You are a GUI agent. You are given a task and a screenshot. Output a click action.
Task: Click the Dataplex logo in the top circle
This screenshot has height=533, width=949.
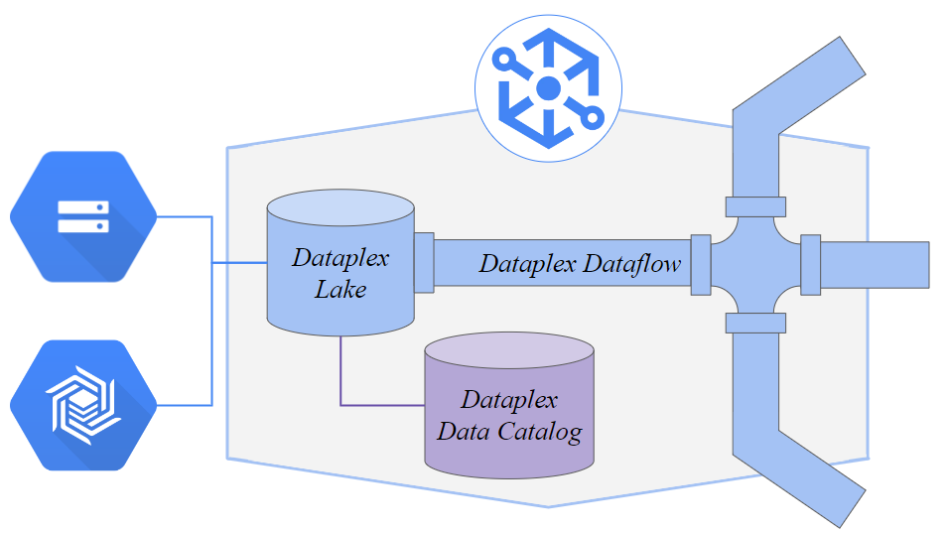[549, 87]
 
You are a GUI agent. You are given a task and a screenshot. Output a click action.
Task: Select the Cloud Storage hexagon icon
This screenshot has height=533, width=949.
[83, 216]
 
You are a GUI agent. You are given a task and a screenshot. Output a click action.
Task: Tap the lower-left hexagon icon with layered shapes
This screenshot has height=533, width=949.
[83, 405]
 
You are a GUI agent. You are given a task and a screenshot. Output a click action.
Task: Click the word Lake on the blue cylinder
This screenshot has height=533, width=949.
[340, 290]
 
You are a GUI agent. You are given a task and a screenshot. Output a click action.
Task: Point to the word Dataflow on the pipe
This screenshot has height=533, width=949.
[631, 264]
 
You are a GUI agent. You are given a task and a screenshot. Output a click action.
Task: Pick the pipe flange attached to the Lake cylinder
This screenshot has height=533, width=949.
[424, 263]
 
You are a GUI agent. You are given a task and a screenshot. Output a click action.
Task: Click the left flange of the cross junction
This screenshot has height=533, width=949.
[700, 264]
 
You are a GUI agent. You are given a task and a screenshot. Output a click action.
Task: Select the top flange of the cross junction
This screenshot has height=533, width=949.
[755, 206]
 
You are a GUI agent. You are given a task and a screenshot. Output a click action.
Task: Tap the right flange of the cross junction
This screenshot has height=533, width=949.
[810, 264]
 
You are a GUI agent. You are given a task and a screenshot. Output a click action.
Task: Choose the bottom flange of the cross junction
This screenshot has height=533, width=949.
[755, 323]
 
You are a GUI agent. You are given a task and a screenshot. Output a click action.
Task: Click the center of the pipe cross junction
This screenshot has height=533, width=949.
[755, 264]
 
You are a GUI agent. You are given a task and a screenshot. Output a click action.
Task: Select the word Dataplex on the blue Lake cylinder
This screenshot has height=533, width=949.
[340, 259]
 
